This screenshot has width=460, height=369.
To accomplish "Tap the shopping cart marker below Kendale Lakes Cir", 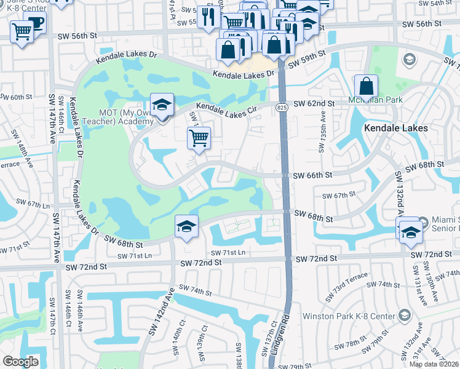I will point(199,138).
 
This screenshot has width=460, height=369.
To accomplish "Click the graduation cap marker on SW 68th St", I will point(186,226).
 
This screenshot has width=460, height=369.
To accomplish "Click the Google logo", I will point(20,362).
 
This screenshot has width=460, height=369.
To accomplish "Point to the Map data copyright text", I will point(434,364).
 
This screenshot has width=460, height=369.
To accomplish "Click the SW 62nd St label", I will point(314,104).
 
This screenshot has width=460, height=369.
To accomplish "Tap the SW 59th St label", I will point(304,61).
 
